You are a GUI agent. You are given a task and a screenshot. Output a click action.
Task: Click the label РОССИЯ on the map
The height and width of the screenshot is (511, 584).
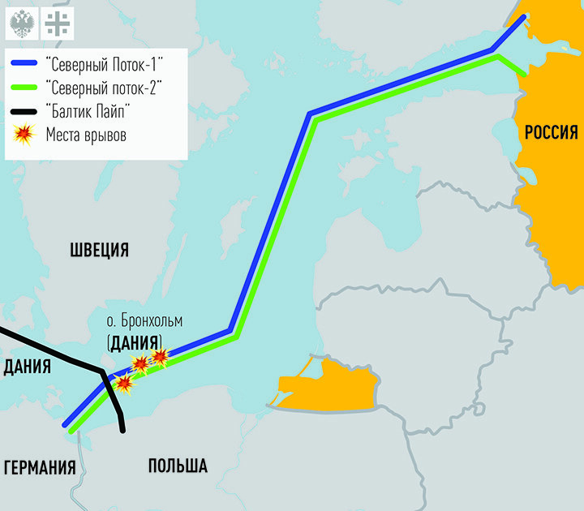pos(550,132)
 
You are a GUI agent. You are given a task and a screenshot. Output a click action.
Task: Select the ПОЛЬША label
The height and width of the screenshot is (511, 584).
pos(177,466)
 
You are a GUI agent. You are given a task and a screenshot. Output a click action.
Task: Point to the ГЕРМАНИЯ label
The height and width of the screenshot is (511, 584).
pos(40,467)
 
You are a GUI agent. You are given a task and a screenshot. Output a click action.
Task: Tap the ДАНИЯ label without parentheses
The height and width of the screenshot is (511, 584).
pos(27,367)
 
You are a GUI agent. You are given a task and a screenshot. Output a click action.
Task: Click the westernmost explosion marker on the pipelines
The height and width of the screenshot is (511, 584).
pos(124,383)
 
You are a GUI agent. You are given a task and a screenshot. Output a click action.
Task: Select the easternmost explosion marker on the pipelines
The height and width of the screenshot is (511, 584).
pos(160,355)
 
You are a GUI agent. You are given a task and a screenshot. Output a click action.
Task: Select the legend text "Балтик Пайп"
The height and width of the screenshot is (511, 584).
pos(89,111)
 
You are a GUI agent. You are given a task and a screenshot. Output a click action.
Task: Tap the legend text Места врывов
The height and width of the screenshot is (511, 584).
pos(86,135)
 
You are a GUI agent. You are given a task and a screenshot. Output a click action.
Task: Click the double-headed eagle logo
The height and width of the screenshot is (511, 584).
pos(21,24)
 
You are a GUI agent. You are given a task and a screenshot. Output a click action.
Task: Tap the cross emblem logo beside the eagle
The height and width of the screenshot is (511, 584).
pos(56,24)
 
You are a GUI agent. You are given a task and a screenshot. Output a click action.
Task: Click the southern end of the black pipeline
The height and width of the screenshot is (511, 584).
pos(122,431)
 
